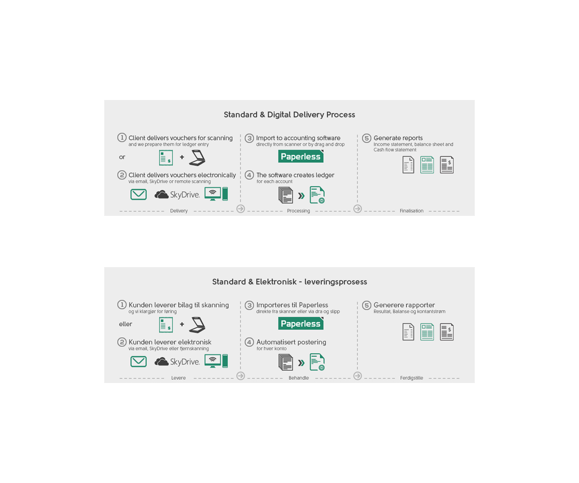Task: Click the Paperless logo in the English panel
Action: pyautogui.click(x=301, y=156)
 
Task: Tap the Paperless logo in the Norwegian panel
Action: pyautogui.click(x=301, y=324)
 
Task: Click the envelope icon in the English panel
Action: pyautogui.click(x=138, y=194)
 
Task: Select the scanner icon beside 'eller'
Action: pyautogui.click(x=197, y=325)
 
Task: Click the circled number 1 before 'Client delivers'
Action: pyautogui.click(x=122, y=137)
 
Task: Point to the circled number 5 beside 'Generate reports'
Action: pyautogui.click(x=367, y=138)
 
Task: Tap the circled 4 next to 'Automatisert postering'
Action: pyautogui.click(x=249, y=342)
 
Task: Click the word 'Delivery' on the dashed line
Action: pyautogui.click(x=179, y=211)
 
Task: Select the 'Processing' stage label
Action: pyautogui.click(x=298, y=211)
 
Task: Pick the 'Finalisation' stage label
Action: pyautogui.click(x=412, y=211)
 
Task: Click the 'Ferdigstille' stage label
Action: pyautogui.click(x=412, y=378)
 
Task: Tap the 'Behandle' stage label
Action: pyautogui.click(x=299, y=378)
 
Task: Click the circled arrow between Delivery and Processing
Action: pyautogui.click(x=241, y=209)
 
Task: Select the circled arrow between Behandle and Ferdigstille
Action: pyautogui.click(x=358, y=376)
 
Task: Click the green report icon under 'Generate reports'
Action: pyautogui.click(x=427, y=165)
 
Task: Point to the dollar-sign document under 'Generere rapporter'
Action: pyautogui.click(x=447, y=332)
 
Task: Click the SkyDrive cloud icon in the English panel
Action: pyautogui.click(x=161, y=195)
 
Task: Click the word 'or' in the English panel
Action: pyautogui.click(x=122, y=157)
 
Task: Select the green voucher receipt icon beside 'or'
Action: pyautogui.click(x=166, y=157)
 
